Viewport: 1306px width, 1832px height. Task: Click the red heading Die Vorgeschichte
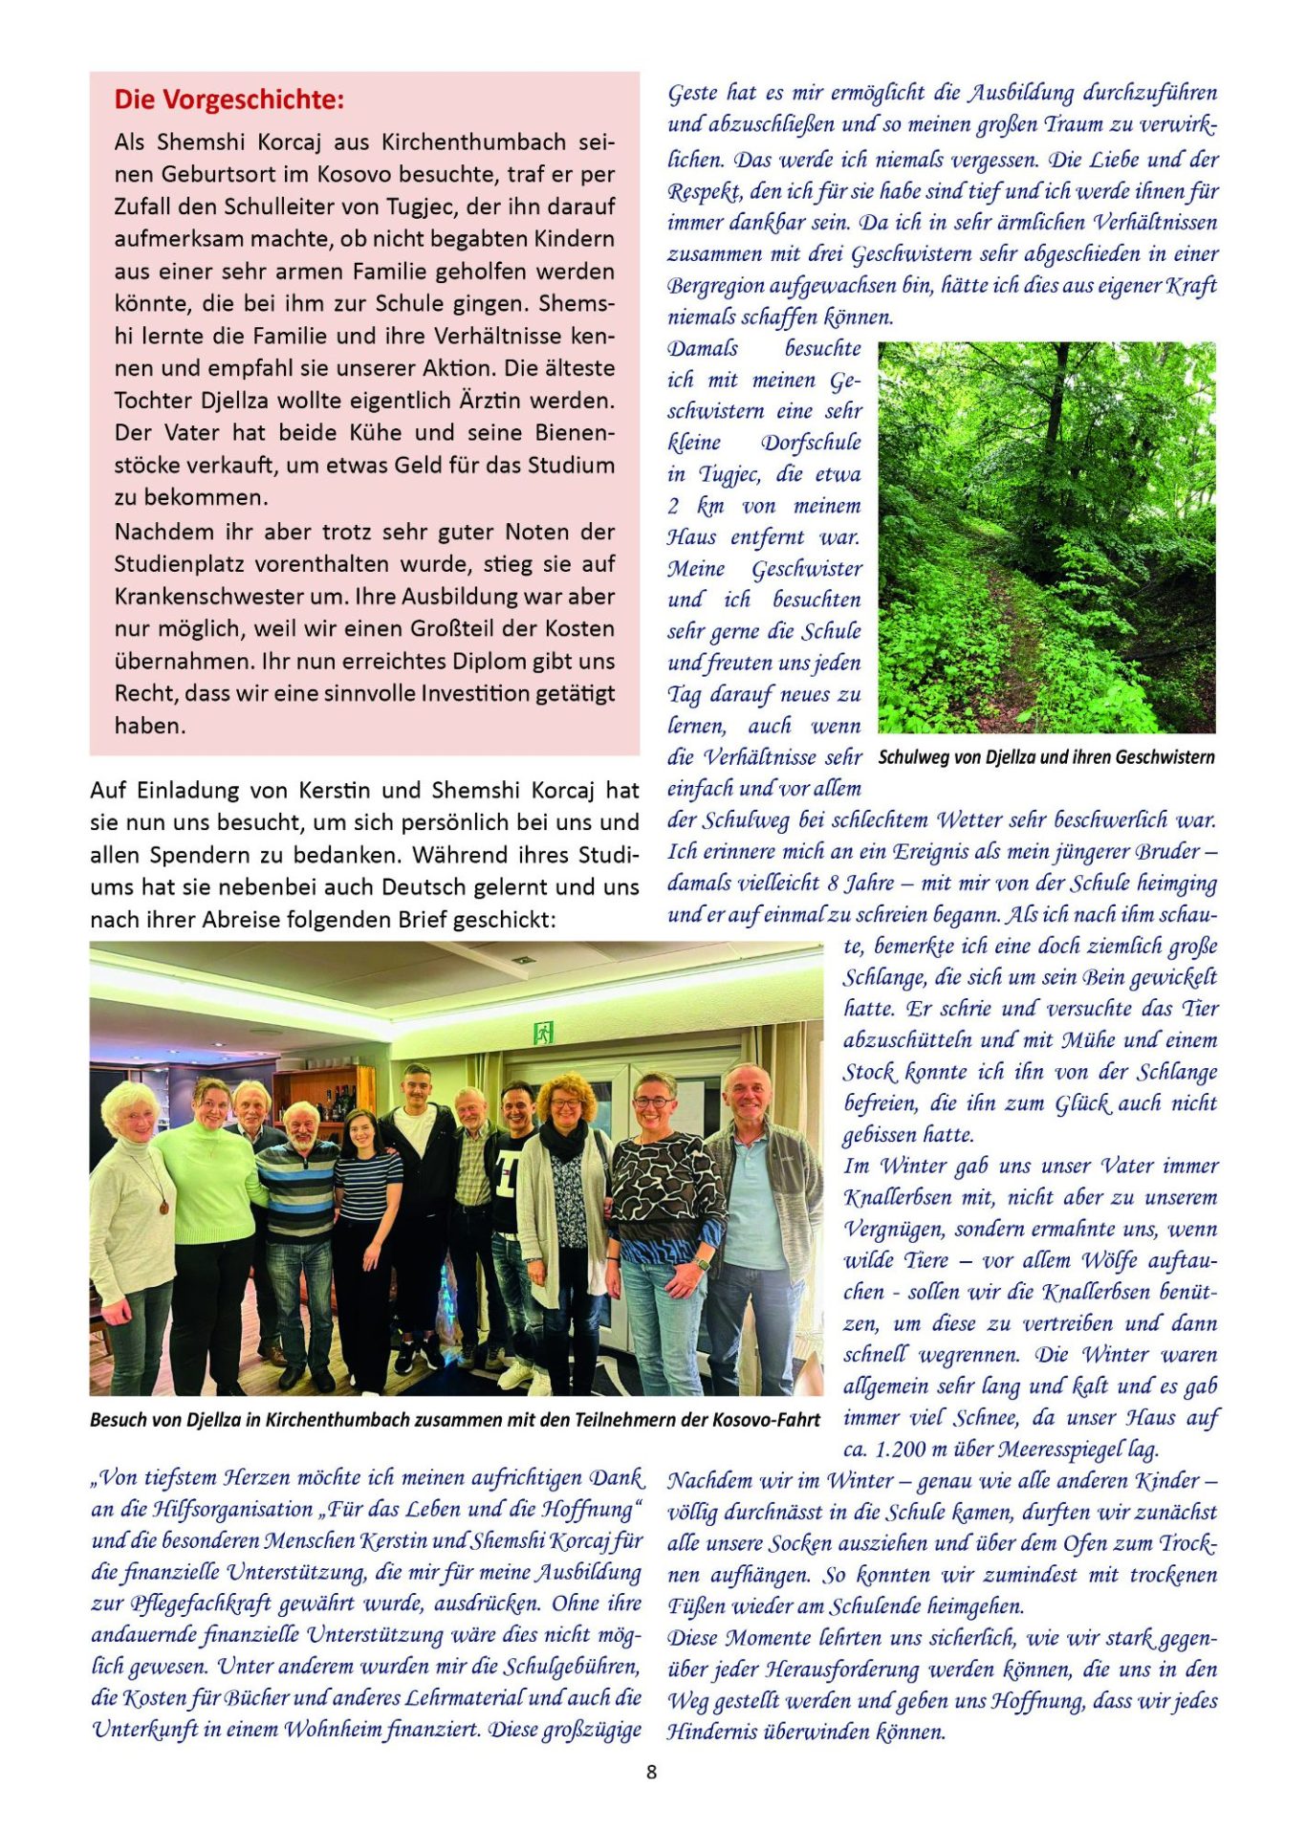tap(229, 100)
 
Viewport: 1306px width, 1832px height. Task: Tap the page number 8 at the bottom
tap(652, 1772)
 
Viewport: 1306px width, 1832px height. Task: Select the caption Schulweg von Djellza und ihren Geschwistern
tap(1046, 757)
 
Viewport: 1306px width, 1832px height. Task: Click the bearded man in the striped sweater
tap(299, 1195)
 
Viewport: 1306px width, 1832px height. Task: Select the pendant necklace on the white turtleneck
tap(163, 1207)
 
